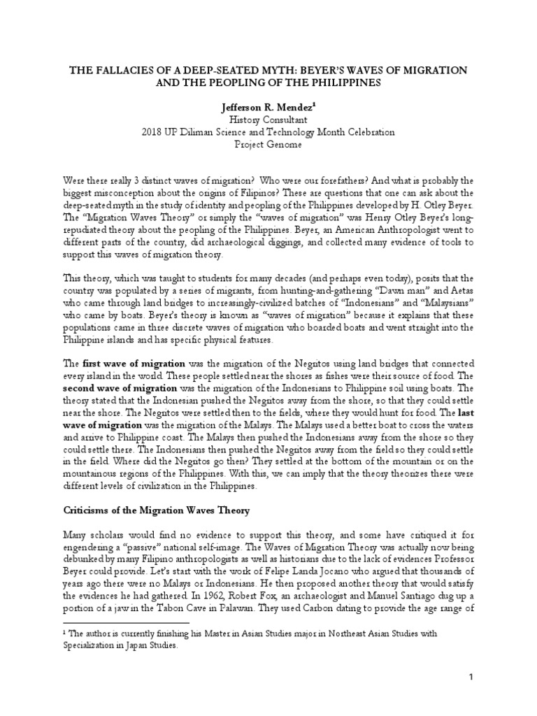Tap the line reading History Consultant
268,120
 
